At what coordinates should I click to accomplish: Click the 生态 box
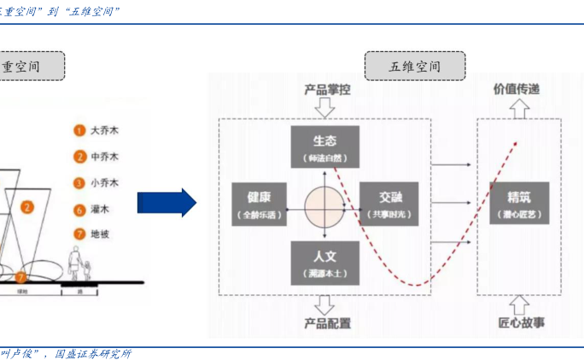point(324,148)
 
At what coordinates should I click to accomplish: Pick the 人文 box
point(324,262)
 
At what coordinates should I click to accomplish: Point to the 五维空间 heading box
point(414,66)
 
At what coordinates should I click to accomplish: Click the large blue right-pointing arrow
point(166,203)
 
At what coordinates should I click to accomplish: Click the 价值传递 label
point(516,89)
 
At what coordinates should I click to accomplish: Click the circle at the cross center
point(324,205)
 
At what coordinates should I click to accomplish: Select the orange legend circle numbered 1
point(79,131)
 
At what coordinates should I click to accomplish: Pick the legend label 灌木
point(100,209)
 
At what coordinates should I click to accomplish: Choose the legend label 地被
point(100,234)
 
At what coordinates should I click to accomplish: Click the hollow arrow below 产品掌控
point(324,108)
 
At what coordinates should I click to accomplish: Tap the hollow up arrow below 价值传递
point(517,107)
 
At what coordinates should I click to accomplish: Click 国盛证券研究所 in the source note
point(93,353)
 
